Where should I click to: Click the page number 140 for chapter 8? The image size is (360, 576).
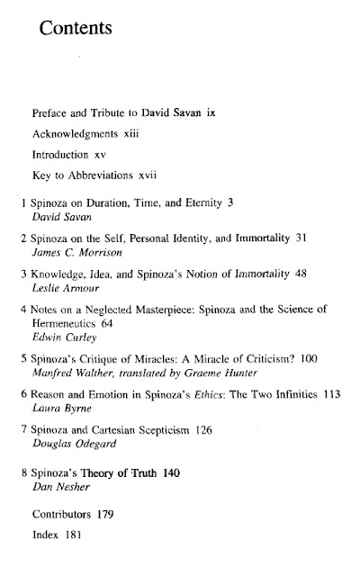[153, 524]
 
